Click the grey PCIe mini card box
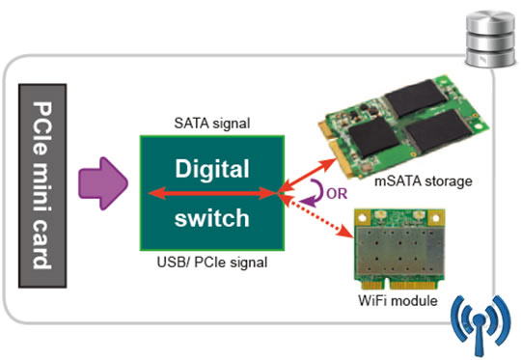click(42, 185)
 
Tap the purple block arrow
click(103, 183)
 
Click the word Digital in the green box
click(212, 169)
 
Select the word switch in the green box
click(212, 218)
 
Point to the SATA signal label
click(212, 124)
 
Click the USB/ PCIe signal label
click(212, 263)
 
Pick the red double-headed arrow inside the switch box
click(212, 193)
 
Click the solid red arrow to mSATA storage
click(309, 175)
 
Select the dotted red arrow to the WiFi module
click(316, 215)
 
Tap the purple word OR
click(337, 193)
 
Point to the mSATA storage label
click(423, 181)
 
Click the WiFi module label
click(398, 300)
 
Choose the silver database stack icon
click(490, 39)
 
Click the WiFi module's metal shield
click(399, 252)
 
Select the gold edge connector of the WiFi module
click(399, 285)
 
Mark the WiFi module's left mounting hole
click(363, 218)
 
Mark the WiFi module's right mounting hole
click(435, 218)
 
